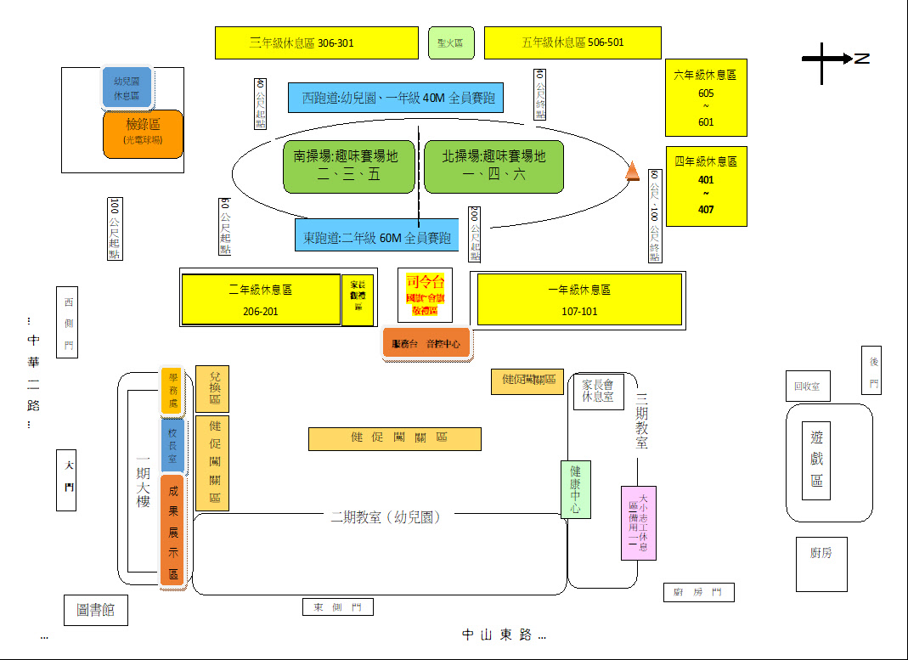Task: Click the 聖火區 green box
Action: click(451, 42)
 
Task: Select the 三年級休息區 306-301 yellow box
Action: click(316, 42)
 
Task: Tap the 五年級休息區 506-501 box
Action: click(572, 42)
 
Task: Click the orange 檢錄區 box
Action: click(143, 133)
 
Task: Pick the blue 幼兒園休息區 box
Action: click(127, 88)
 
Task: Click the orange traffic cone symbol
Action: click(633, 172)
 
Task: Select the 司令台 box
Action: click(426, 295)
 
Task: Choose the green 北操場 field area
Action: click(493, 166)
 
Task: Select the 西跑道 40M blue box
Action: click(395, 98)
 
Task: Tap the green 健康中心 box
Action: click(575, 488)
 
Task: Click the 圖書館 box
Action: click(96, 609)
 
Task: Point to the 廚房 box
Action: click(821, 564)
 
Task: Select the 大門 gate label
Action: click(67, 480)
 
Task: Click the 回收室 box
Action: click(807, 386)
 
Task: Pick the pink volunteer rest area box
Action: click(638, 522)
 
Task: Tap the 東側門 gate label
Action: click(337, 607)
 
